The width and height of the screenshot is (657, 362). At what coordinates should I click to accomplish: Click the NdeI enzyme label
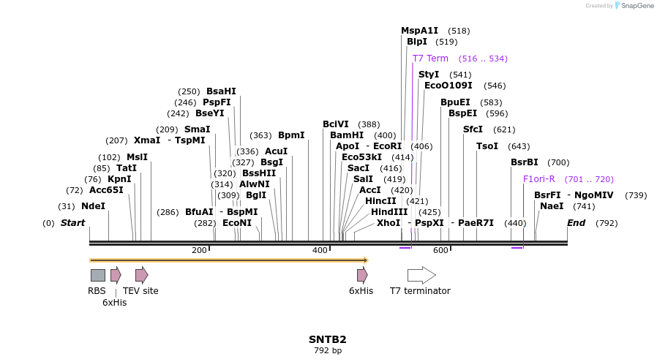click(x=93, y=206)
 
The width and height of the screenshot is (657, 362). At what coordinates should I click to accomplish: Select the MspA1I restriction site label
click(x=419, y=31)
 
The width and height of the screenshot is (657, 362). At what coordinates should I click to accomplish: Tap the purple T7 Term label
click(x=430, y=59)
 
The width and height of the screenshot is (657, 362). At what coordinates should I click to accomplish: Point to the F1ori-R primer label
click(x=538, y=179)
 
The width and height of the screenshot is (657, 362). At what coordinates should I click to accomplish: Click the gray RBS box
click(x=98, y=275)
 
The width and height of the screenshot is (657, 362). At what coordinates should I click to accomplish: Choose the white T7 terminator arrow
click(x=421, y=275)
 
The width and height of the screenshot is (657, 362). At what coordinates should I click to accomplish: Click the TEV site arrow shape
click(x=141, y=275)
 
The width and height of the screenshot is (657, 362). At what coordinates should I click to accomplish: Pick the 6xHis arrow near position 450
click(x=362, y=275)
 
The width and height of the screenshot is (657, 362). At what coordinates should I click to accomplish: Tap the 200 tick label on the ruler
click(x=199, y=251)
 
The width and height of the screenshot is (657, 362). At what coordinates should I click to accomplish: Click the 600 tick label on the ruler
click(x=440, y=251)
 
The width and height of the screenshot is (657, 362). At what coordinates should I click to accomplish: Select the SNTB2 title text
click(x=327, y=339)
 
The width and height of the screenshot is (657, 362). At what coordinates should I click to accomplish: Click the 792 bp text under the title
click(x=327, y=351)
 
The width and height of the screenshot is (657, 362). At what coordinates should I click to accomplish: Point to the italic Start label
click(x=72, y=223)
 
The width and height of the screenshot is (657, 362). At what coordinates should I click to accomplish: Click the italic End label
click(x=576, y=223)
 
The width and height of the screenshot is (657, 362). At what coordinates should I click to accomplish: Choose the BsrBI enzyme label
click(x=524, y=162)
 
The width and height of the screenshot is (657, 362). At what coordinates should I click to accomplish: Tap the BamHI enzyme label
click(x=347, y=135)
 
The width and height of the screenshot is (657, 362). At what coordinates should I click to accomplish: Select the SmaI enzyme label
click(x=197, y=129)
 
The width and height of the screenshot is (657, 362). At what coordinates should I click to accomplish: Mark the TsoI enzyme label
click(x=487, y=146)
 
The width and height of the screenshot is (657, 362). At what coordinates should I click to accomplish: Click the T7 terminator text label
click(x=420, y=291)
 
